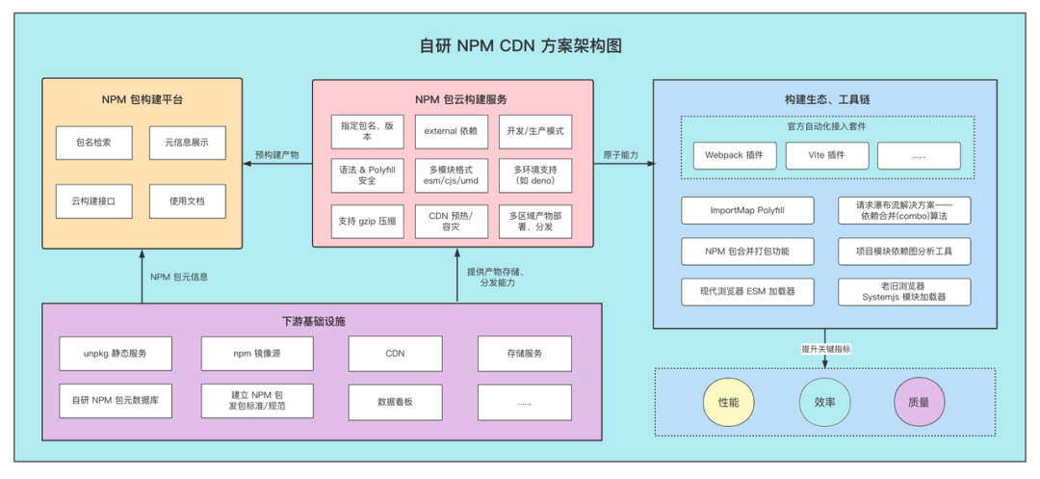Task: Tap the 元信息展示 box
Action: [x=187, y=143]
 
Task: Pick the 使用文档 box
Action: [x=187, y=201]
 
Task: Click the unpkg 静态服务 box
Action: [x=116, y=353]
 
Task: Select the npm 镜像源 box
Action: [x=255, y=353]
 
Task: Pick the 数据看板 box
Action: [x=395, y=401]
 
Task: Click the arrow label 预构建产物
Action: [x=276, y=154]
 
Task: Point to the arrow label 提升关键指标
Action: [x=825, y=349]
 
